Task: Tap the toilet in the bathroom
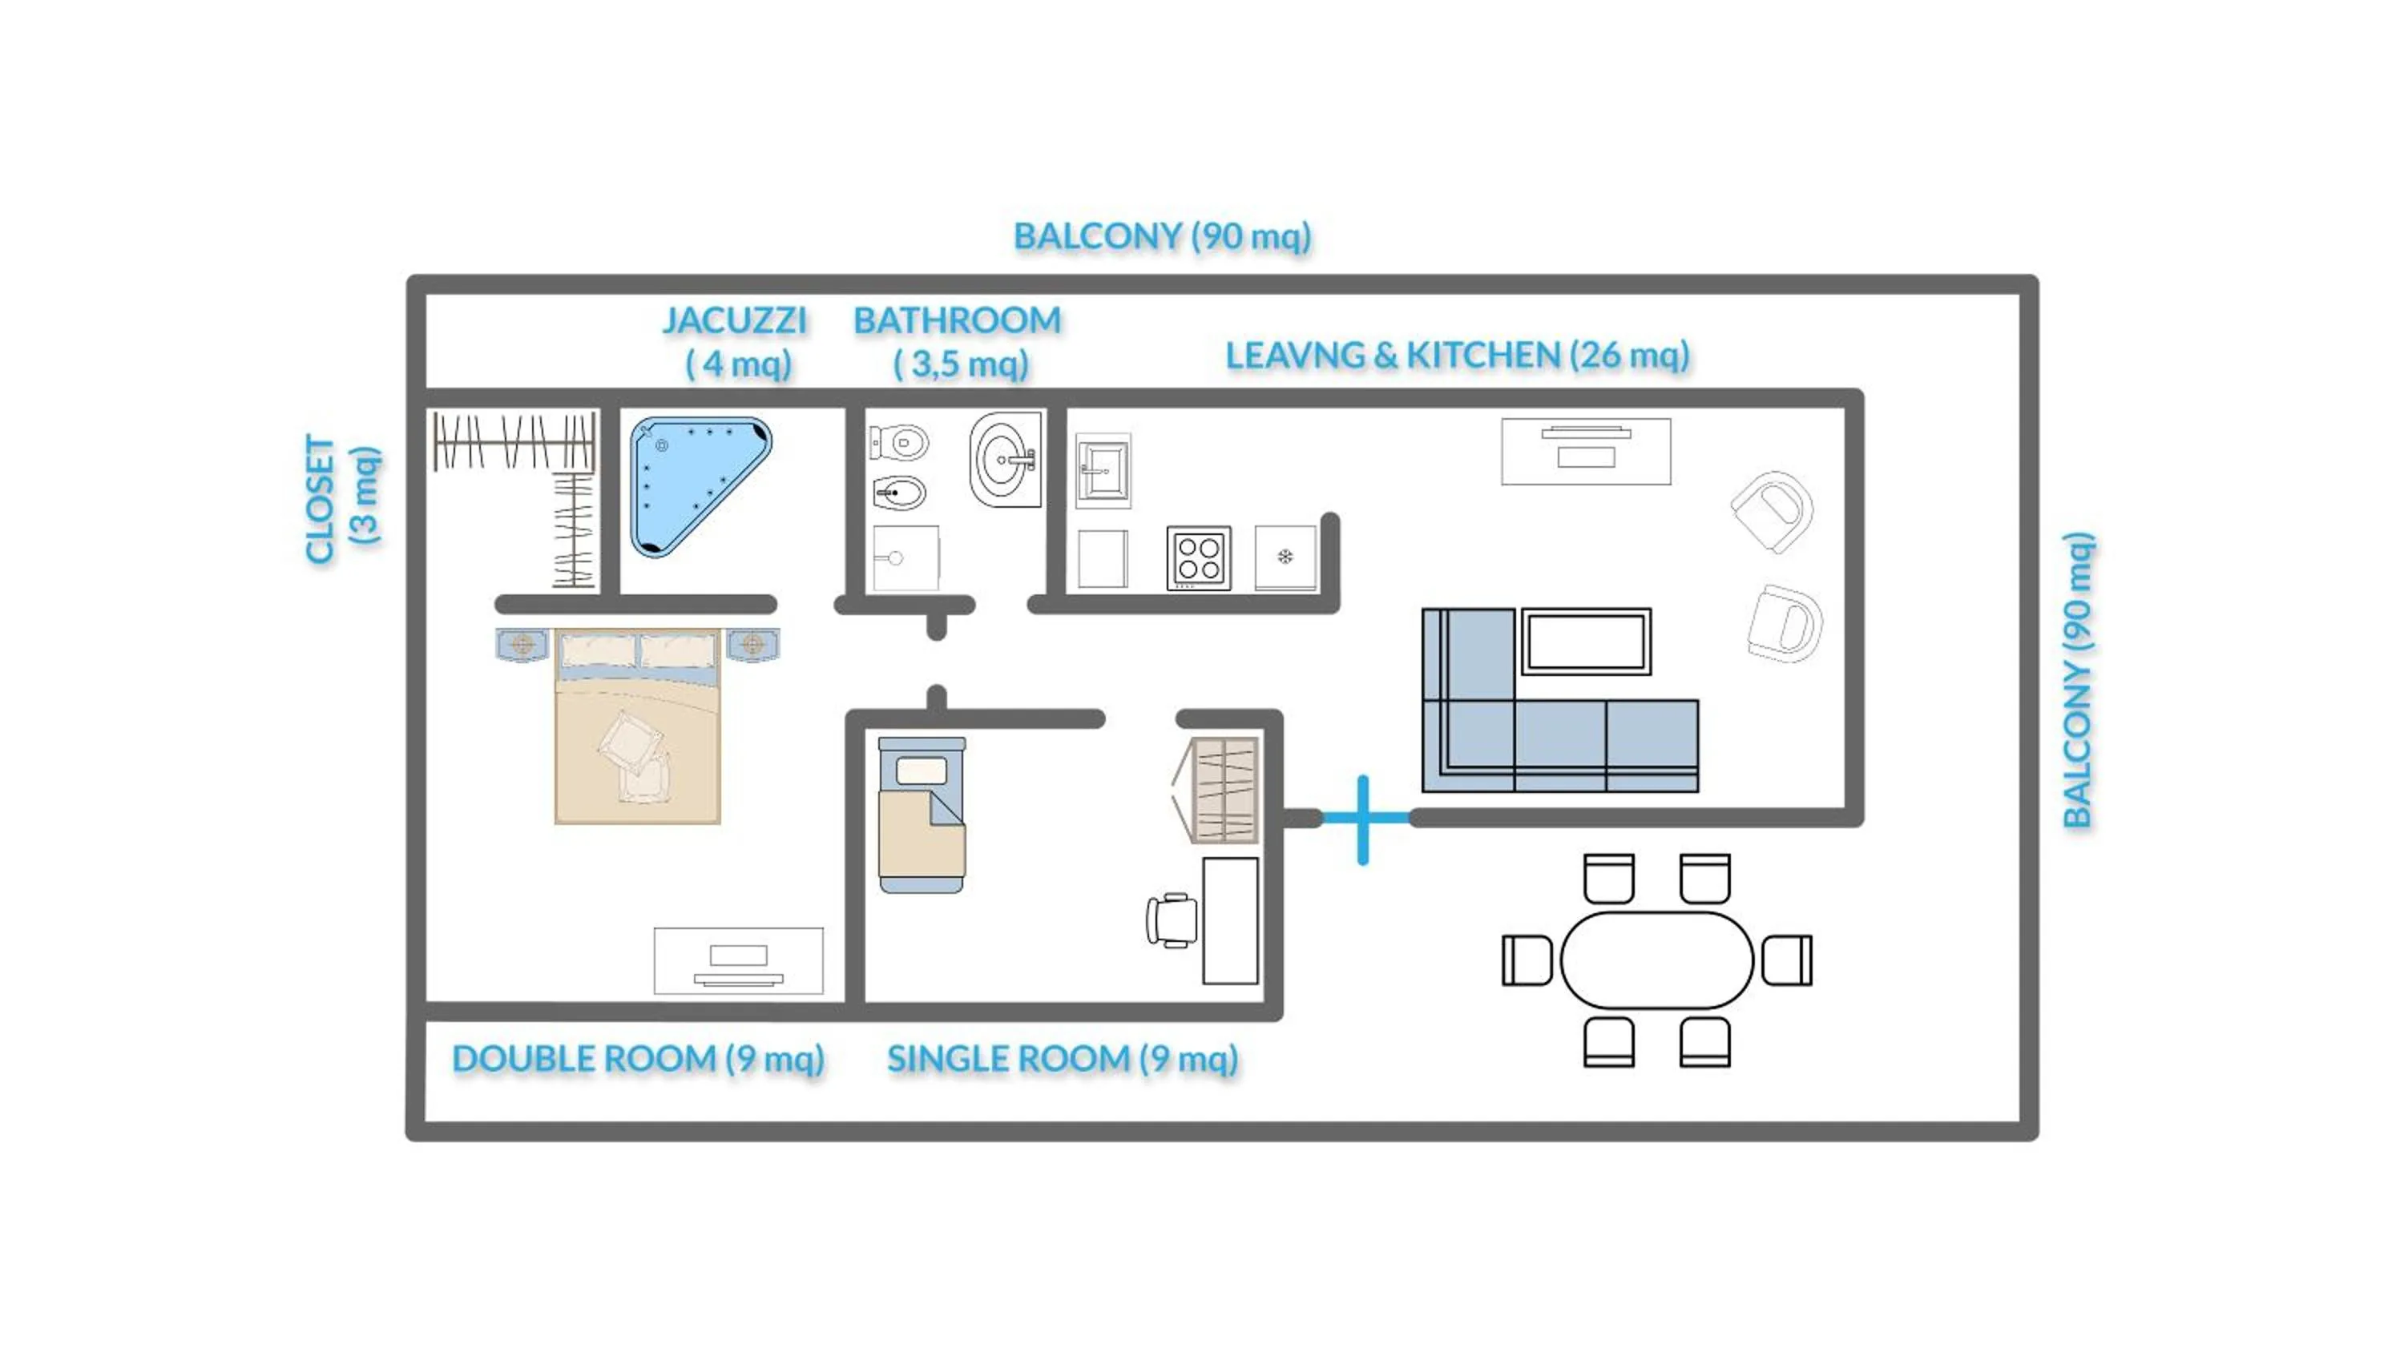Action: (900, 442)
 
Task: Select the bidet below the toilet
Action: (900, 493)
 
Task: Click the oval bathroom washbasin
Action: (1004, 460)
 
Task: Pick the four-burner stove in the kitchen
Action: (1198, 558)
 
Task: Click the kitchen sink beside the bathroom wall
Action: (1103, 470)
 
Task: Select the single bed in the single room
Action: (921, 814)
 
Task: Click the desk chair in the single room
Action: (1173, 920)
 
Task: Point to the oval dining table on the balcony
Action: (1656, 960)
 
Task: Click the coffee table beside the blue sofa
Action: (1586, 641)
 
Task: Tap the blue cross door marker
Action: (1363, 819)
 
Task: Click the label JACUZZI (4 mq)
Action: (736, 341)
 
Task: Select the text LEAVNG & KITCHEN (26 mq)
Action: (1457, 356)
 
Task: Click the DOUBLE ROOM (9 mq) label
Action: (639, 1058)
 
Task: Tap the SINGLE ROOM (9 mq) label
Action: (1062, 1058)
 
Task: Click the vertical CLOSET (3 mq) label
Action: (341, 499)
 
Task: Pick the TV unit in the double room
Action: (738, 961)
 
